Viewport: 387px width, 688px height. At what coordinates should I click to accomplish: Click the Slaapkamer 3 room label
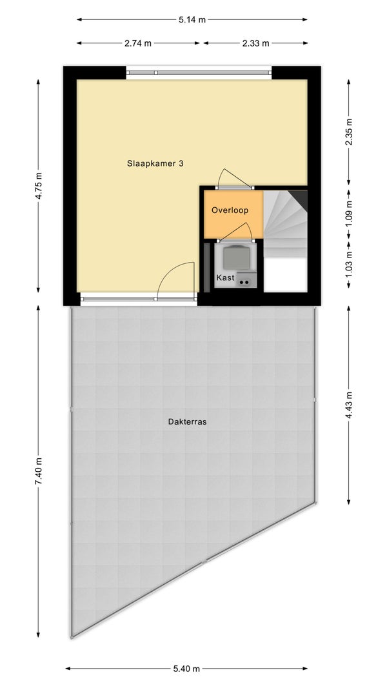(x=155, y=164)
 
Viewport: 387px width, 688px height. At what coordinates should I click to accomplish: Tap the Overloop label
(x=230, y=210)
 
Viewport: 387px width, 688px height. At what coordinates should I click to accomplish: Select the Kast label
(x=225, y=278)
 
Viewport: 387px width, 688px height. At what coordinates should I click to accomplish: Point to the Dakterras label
(x=187, y=422)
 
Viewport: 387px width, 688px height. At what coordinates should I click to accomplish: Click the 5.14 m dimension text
(x=192, y=20)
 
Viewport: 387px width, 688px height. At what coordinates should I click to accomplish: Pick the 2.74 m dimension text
(x=138, y=43)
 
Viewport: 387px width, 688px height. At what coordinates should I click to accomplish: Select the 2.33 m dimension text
(x=256, y=43)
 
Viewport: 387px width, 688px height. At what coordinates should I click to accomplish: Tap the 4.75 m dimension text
(x=39, y=186)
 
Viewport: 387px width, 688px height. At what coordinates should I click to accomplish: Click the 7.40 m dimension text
(x=39, y=471)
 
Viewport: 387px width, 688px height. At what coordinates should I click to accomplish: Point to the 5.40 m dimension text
(x=186, y=669)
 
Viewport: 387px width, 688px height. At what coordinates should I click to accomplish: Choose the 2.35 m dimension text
(x=348, y=132)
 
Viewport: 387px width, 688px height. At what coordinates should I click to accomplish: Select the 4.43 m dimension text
(x=348, y=405)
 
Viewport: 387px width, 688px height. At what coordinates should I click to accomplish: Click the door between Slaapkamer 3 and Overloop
(x=235, y=180)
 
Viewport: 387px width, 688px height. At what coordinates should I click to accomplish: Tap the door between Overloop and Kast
(x=237, y=232)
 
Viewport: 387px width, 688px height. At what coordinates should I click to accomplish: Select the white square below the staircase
(x=285, y=274)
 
